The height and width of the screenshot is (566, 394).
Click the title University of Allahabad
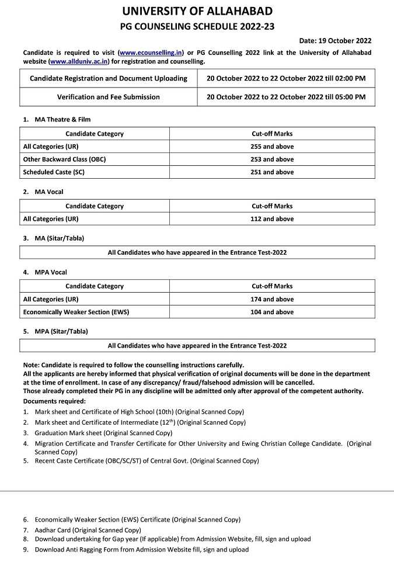tap(197, 11)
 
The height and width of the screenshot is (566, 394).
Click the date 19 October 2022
tap(335, 41)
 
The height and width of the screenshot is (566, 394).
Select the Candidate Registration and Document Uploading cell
tap(109, 78)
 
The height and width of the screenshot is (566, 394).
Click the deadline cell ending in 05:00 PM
tap(286, 97)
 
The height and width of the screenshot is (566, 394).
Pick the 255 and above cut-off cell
tap(272, 147)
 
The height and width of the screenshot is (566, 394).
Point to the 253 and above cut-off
tap(272, 159)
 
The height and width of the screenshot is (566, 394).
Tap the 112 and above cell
tap(272, 219)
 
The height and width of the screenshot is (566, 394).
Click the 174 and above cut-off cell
tap(272, 299)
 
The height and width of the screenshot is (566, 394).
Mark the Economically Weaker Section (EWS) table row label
tap(76, 312)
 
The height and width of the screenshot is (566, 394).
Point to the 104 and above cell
tap(272, 312)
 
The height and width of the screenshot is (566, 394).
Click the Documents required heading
tap(54, 401)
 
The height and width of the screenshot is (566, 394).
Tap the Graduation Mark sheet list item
tap(103, 433)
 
